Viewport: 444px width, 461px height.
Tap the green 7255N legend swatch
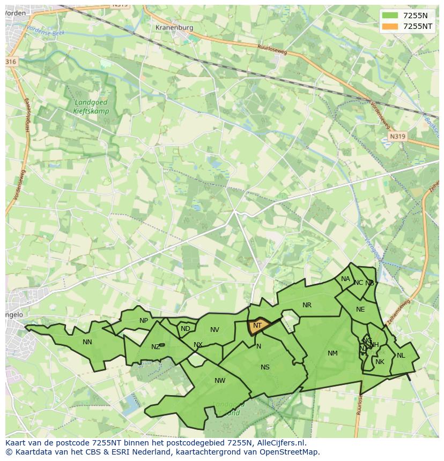pos(390,16)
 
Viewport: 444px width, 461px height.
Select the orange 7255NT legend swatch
pos(390,26)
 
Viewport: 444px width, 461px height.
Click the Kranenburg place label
pos(173,27)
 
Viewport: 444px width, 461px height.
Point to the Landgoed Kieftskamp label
pos(91,107)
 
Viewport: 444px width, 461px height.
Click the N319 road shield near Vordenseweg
pos(397,137)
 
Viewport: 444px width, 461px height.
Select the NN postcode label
pos(87,342)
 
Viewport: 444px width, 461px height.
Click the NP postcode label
pos(144,321)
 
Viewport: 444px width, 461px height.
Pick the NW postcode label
pos(220,381)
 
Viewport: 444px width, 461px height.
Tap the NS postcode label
pos(265,367)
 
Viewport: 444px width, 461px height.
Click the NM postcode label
pos(332,353)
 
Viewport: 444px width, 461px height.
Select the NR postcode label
pos(307,305)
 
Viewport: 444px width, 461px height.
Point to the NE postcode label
pos(360,309)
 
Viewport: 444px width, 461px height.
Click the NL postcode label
pos(401,355)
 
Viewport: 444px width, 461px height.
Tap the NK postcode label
pos(380,362)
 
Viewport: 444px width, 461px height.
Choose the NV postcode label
pos(214,330)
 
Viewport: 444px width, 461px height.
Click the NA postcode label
pos(345,279)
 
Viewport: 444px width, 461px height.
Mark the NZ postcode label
pos(156,347)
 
